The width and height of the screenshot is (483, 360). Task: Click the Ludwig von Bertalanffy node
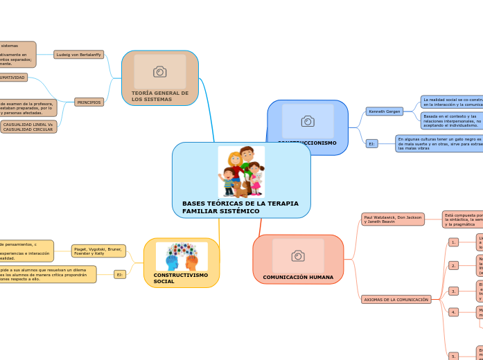pos(78,54)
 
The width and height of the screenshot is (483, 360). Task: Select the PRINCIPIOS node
pos(89,102)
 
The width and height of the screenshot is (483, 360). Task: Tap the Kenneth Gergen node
pos(385,111)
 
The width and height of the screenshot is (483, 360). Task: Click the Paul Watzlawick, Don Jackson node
pos(393,219)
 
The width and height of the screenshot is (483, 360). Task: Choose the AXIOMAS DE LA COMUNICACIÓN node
pos(396,299)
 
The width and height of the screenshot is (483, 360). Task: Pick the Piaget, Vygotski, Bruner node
pos(98,251)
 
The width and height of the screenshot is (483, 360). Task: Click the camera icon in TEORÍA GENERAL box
pos(159,71)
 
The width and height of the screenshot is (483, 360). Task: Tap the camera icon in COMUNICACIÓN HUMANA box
pos(298,255)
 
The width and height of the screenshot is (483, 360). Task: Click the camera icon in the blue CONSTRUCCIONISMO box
pos(308,121)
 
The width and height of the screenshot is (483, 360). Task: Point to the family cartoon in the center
pos(241,172)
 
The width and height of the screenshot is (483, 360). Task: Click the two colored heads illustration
pos(182,257)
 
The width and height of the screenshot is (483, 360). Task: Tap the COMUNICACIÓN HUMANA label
pos(298,277)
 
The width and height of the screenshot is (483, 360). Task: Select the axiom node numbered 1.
pos(453,242)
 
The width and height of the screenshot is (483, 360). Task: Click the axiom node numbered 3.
pos(453,291)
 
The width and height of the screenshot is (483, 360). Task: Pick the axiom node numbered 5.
pos(453,356)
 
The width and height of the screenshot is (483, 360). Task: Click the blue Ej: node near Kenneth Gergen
pos(371,143)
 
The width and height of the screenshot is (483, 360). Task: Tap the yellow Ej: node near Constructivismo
pos(119,275)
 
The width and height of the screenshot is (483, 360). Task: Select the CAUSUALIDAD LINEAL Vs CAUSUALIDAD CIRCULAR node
pos(28,127)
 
